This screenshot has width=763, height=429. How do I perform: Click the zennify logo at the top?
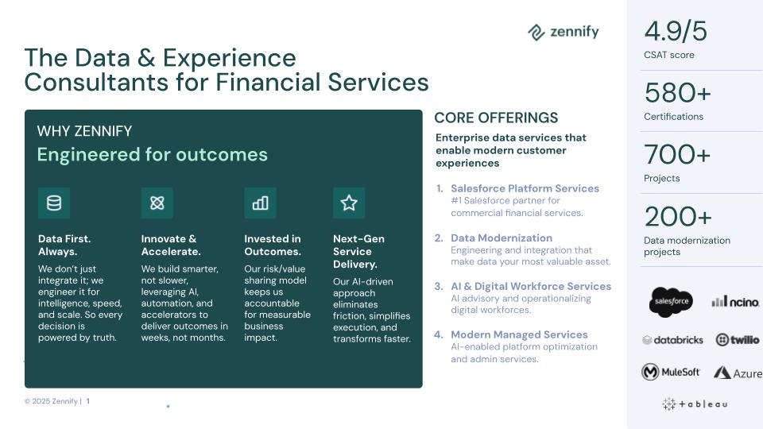click(x=563, y=32)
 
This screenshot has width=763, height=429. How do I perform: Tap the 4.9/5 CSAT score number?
click(x=676, y=32)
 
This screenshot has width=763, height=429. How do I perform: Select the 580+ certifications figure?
click(x=677, y=92)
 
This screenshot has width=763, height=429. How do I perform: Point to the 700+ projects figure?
click(x=677, y=154)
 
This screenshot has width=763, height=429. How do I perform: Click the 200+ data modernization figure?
click(x=678, y=216)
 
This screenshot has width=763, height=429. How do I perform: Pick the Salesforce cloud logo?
click(x=672, y=302)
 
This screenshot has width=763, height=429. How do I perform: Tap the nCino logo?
click(x=735, y=302)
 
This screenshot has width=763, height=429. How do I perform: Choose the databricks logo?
click(x=672, y=340)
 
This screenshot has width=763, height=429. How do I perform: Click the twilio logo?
click(x=738, y=339)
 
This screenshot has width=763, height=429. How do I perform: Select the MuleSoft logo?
click(x=671, y=372)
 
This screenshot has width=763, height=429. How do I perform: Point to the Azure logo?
click(x=738, y=373)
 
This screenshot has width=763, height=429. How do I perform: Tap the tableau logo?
click(x=695, y=404)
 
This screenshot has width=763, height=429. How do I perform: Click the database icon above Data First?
click(x=54, y=203)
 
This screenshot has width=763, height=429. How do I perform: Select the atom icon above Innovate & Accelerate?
click(x=157, y=203)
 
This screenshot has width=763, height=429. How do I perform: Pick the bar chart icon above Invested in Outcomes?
click(x=261, y=203)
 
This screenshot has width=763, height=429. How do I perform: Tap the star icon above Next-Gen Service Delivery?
click(x=349, y=203)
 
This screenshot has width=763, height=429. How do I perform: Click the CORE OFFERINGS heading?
click(x=496, y=118)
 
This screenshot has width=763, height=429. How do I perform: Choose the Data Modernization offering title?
click(x=502, y=238)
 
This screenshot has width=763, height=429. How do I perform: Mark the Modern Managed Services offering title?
click(x=519, y=334)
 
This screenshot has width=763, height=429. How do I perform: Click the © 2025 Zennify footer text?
click(x=51, y=401)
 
